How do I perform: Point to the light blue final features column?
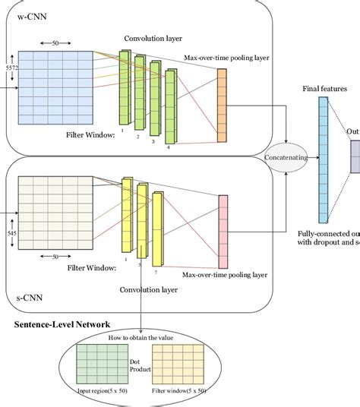(x=323, y=153)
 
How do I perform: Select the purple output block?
(x=355, y=157)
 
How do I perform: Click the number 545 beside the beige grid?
(x=10, y=232)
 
